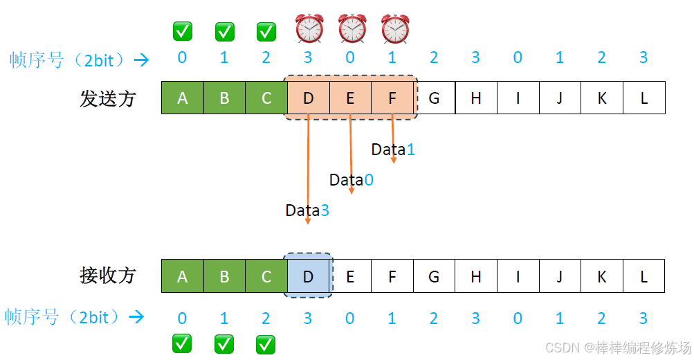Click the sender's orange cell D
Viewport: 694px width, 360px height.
[308, 98]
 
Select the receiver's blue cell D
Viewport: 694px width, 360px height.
[308, 276]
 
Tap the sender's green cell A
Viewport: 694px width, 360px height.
[182, 98]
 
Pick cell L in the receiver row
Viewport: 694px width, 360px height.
[643, 276]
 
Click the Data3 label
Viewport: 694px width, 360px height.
[307, 210]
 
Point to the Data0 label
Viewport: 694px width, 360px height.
[351, 180]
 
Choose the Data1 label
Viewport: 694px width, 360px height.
[393, 149]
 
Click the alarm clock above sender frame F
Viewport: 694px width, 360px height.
[395, 29]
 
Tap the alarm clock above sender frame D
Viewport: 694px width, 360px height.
[309, 29]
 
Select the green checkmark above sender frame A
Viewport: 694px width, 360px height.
[183, 31]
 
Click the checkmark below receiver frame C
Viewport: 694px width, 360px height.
[266, 343]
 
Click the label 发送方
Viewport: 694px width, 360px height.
[108, 98]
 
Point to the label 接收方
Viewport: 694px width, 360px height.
[108, 276]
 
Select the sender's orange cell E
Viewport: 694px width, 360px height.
[350, 98]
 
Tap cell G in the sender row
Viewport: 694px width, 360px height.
[434, 98]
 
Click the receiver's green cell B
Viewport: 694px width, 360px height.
[224, 276]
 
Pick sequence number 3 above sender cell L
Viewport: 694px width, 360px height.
[643, 57]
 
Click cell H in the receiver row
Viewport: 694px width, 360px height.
[476, 276]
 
